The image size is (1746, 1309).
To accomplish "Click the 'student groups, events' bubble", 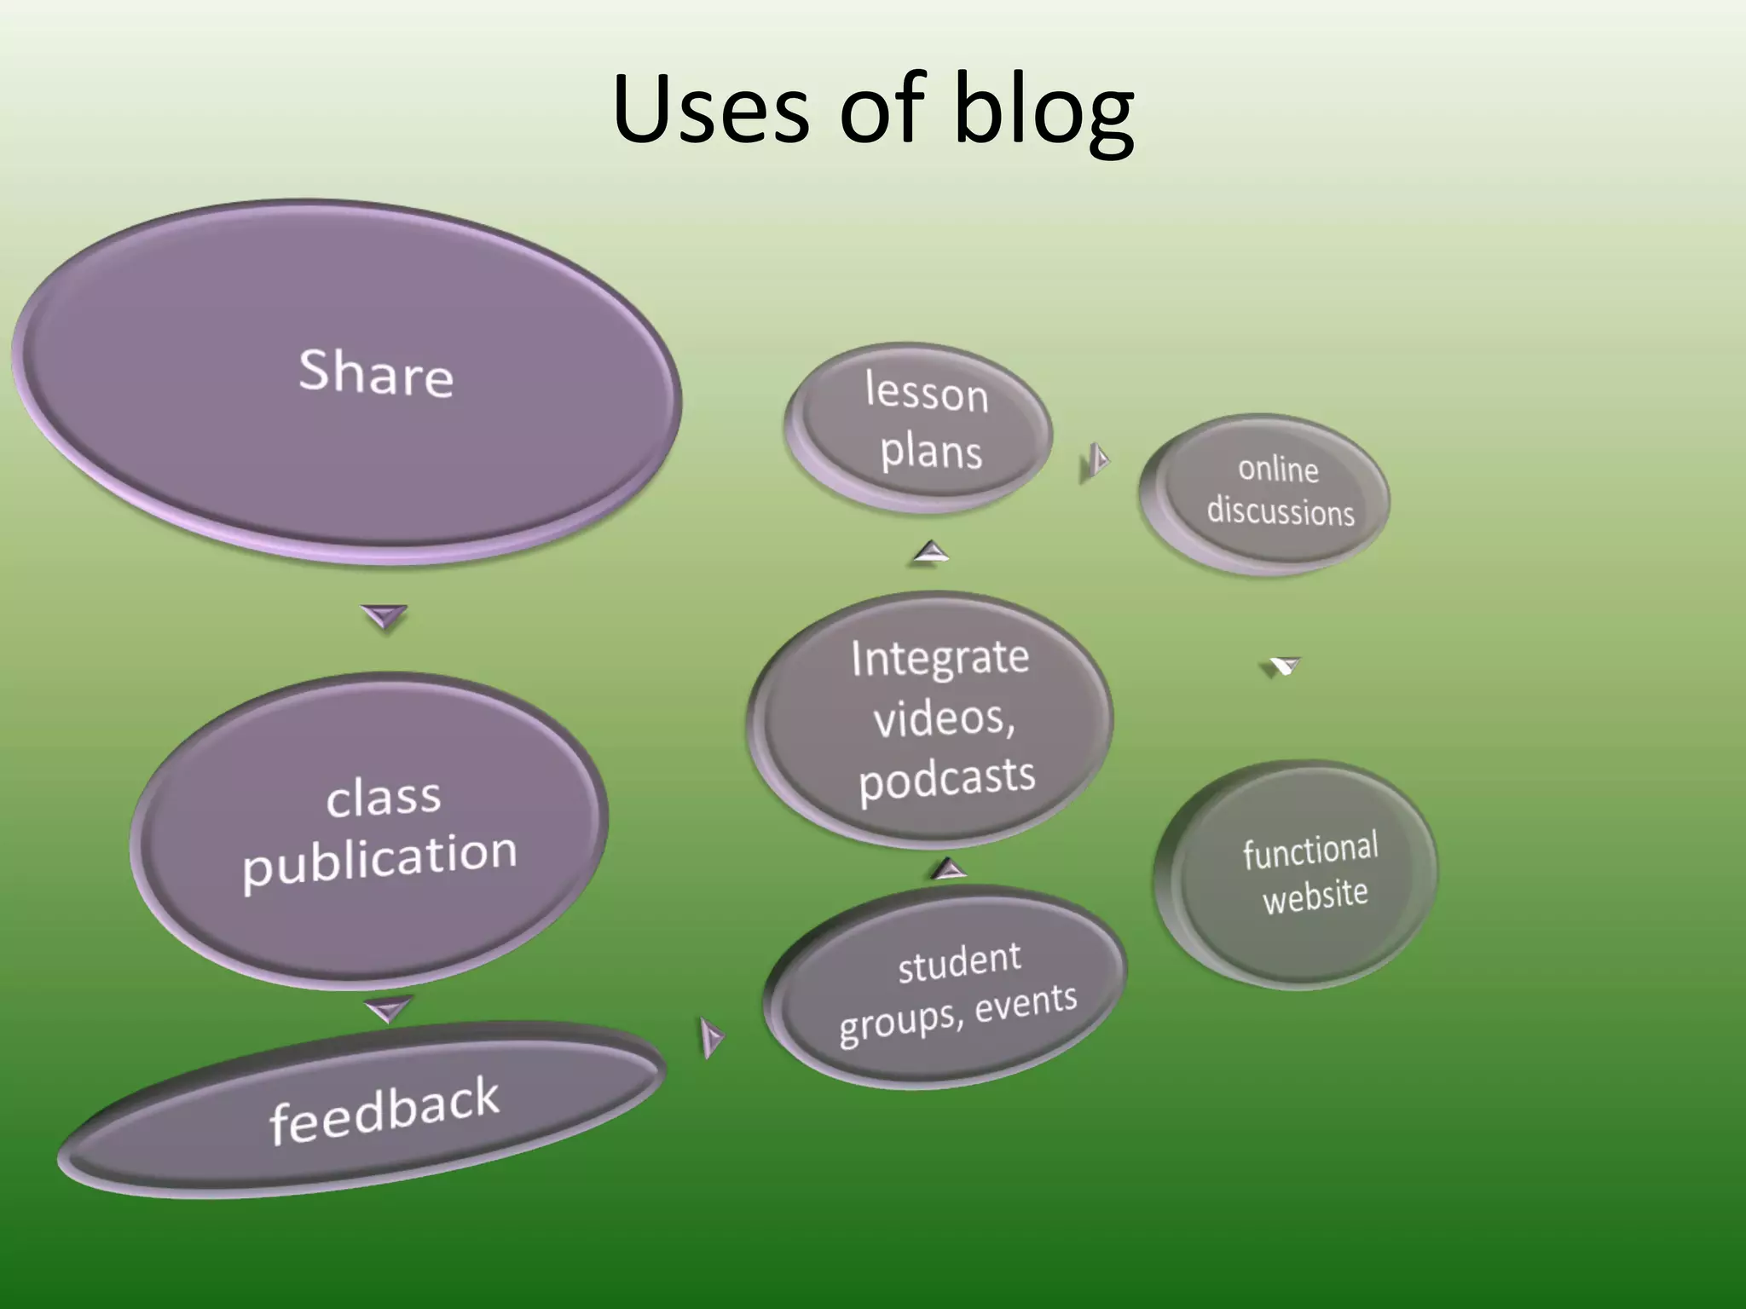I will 951,989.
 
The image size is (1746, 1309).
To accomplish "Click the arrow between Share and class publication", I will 384,615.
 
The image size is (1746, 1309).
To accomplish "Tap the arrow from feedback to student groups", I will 710,1037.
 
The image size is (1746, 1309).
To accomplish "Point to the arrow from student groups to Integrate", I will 948,870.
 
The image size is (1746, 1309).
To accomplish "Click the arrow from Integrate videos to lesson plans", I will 931,552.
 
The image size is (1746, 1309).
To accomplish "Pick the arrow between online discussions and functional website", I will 1283,665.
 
